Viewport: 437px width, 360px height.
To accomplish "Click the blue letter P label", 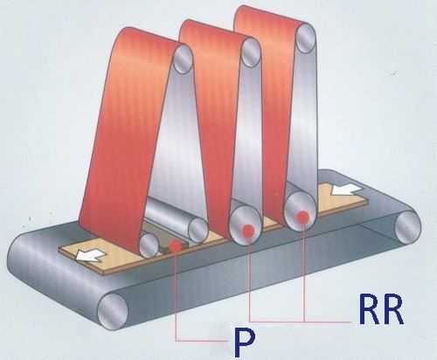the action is coord(245,343).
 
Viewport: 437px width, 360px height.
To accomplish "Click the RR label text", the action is coord(381,309).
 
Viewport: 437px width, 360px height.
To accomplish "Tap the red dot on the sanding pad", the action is coord(176,246).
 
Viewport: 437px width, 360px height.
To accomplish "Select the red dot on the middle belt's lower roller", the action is coord(248,231).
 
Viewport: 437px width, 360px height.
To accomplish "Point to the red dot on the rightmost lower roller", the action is coord(303,217).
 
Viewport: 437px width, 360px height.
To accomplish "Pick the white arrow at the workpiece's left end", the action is coord(90,255).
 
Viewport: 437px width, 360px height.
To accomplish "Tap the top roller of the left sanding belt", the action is coord(183,59).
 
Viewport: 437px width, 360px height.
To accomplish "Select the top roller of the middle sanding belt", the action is coord(251,52).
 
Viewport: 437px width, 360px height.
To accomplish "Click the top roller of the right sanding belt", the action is coord(306,38).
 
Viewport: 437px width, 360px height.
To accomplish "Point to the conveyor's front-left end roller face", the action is coord(113,312).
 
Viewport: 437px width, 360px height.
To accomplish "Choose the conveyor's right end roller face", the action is coord(408,227).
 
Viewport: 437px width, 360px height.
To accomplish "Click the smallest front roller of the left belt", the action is coord(149,246).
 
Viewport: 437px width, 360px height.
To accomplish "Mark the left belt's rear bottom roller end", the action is coord(198,231).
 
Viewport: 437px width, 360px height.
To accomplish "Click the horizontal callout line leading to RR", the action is coord(300,322).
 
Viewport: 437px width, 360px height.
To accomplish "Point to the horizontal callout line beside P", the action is coord(201,340).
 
